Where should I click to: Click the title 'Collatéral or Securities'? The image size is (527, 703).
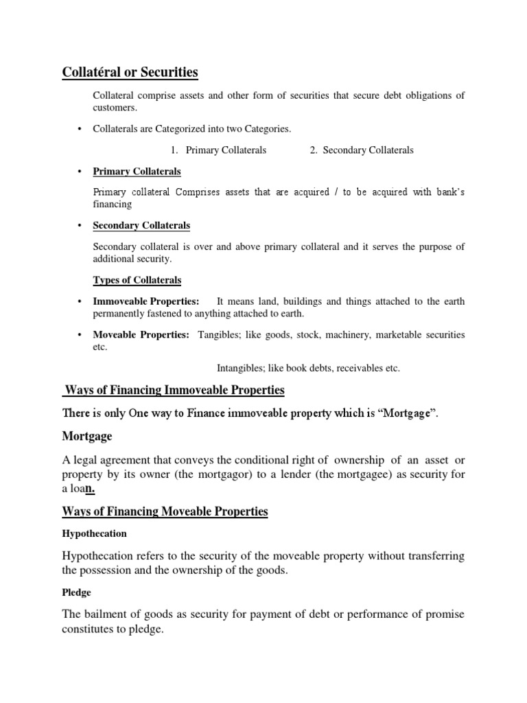pos(130,72)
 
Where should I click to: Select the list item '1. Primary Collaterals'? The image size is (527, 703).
pos(219,150)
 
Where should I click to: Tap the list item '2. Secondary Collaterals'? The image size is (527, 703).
pos(362,150)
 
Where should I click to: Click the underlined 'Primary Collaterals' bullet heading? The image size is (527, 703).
pos(137,172)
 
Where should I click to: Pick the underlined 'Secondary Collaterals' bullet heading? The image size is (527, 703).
pos(141,225)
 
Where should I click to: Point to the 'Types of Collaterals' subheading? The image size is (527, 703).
pos(137,280)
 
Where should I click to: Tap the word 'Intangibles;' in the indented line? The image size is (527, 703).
pos(239,368)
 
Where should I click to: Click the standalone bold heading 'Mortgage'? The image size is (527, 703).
pos(87,436)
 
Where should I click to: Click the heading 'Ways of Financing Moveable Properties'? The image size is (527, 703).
pos(165,511)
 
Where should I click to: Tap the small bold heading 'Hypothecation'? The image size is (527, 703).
pos(95,533)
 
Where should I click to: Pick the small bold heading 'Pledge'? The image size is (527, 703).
pos(77,591)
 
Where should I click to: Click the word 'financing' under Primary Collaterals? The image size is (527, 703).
pos(112,205)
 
